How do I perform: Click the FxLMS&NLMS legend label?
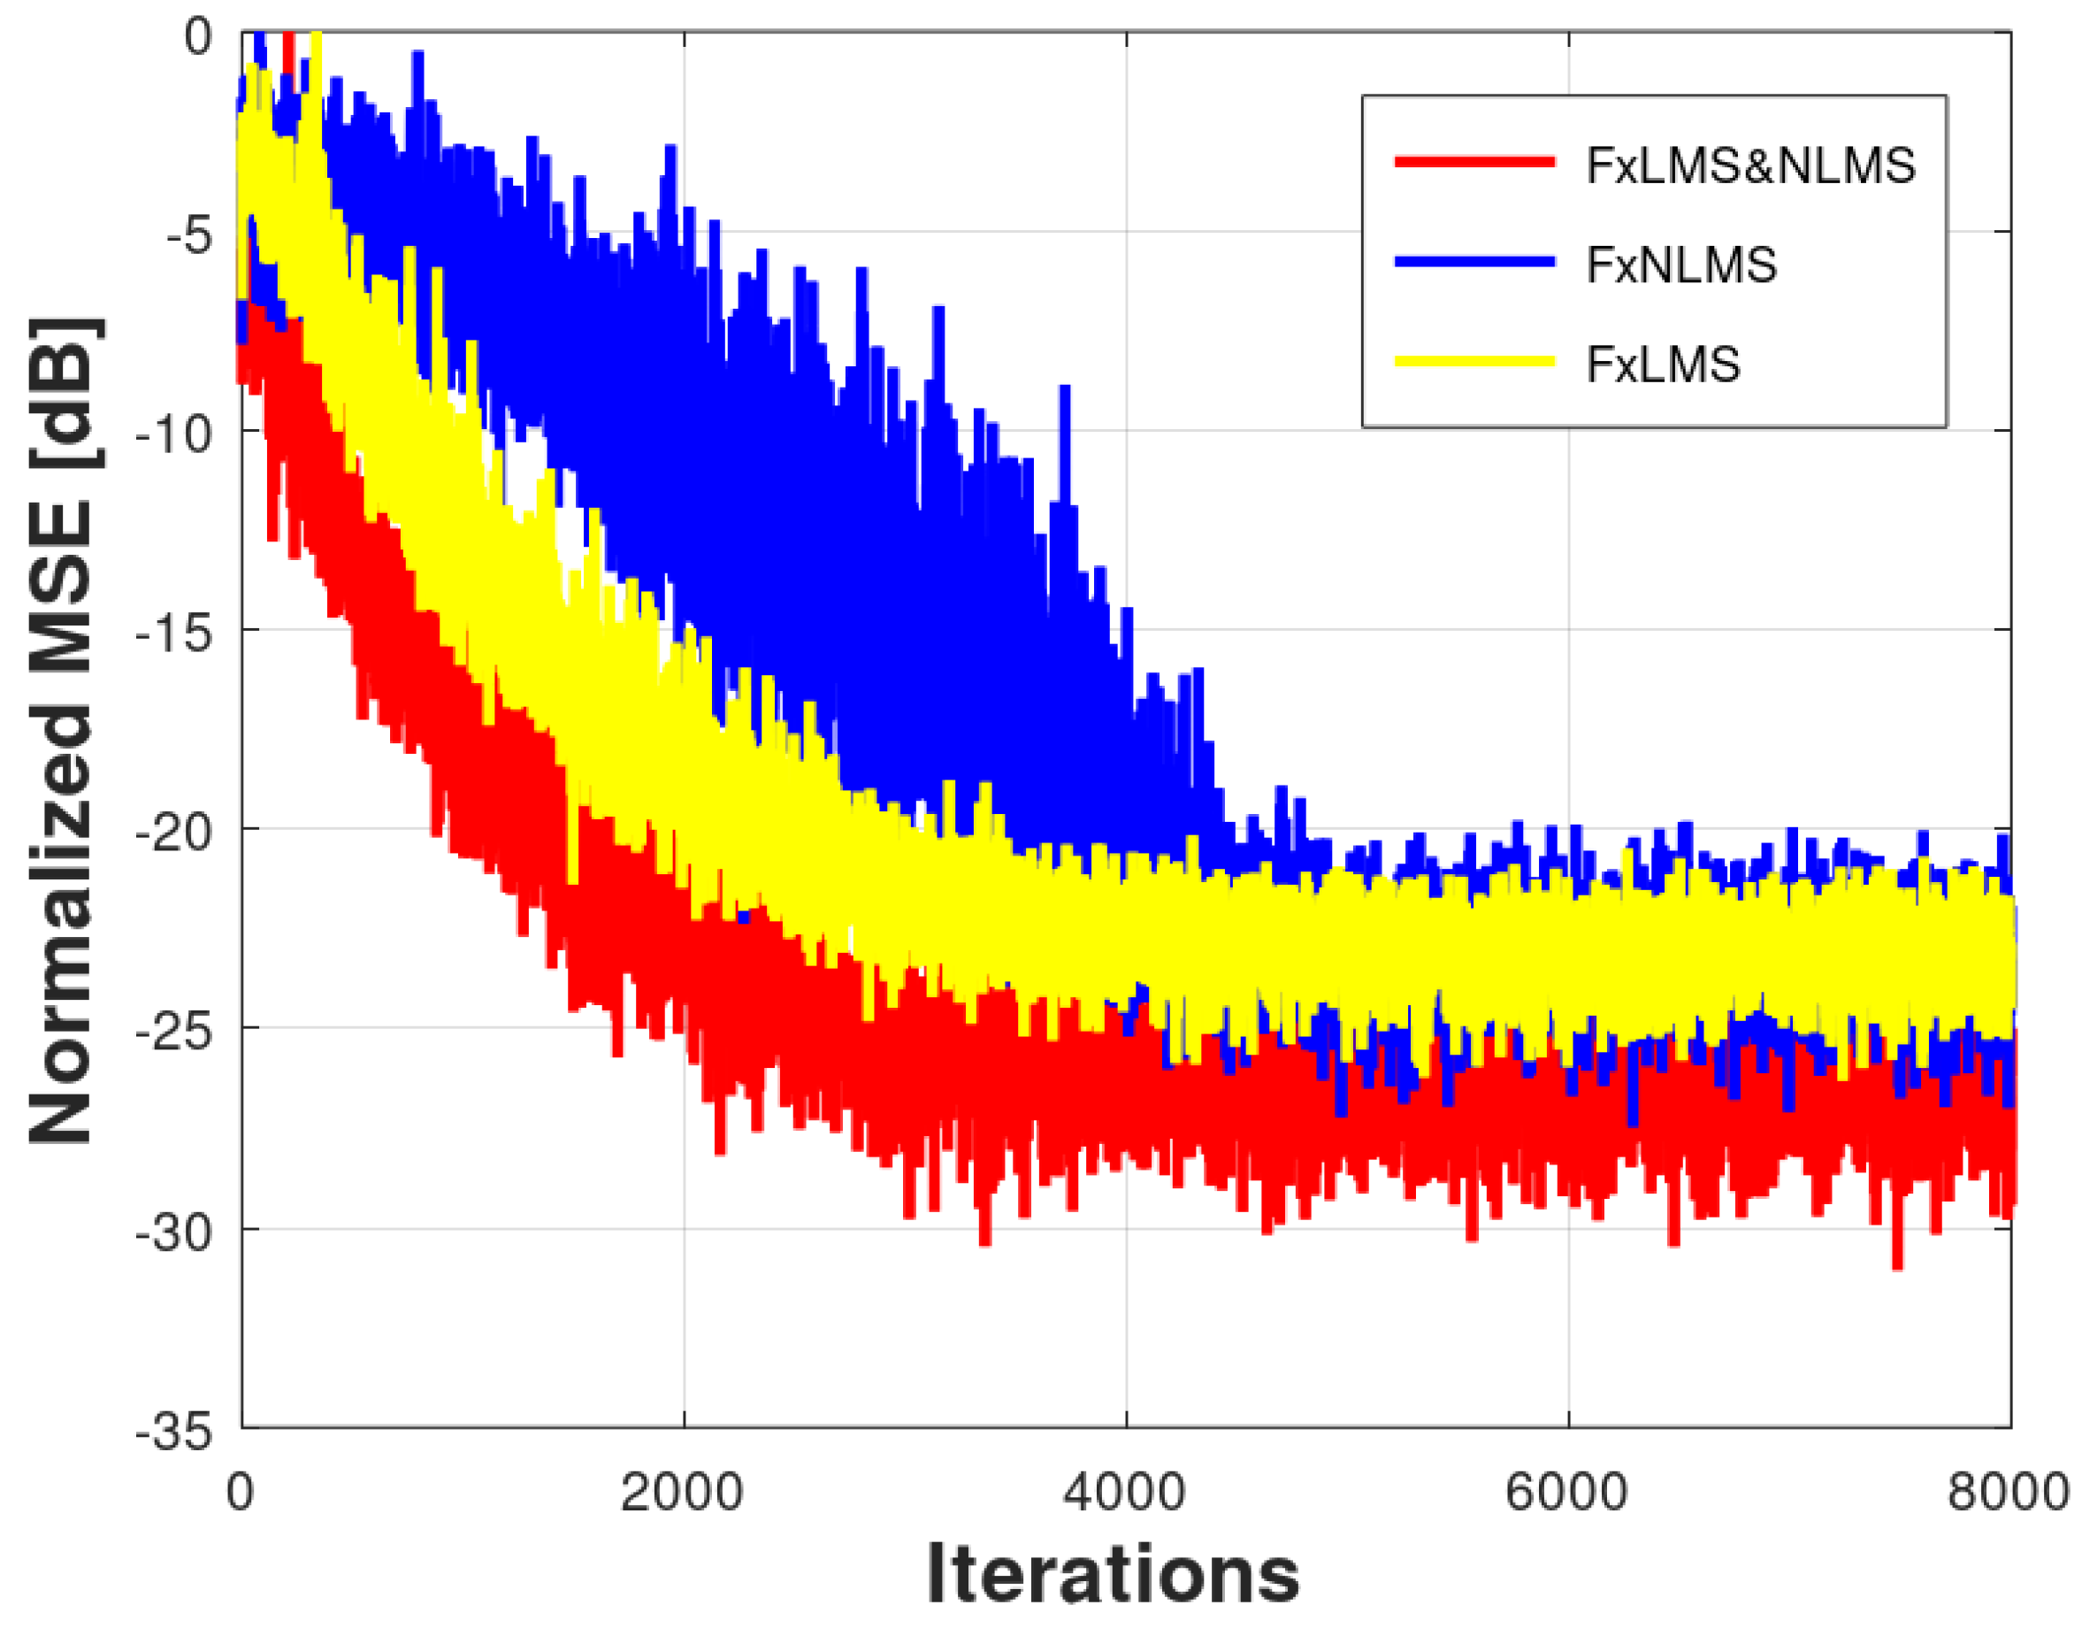(x=1750, y=166)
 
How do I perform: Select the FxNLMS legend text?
(x=1681, y=265)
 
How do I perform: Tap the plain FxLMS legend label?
(x=1664, y=365)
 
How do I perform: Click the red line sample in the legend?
(x=1474, y=162)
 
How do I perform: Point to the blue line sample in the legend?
(x=1474, y=261)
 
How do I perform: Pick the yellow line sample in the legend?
(x=1474, y=360)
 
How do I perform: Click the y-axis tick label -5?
(x=188, y=235)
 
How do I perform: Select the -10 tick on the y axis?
(x=174, y=435)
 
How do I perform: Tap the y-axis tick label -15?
(x=174, y=634)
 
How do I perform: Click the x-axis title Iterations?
(x=1113, y=1575)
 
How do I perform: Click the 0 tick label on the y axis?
(x=198, y=38)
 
